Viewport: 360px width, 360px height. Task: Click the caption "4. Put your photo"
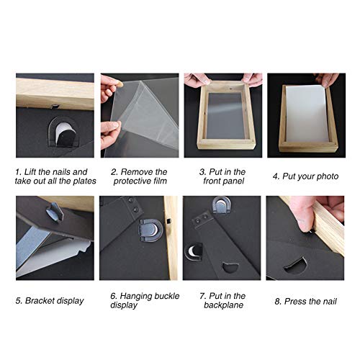click(x=305, y=176)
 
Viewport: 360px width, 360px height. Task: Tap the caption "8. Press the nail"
click(x=305, y=301)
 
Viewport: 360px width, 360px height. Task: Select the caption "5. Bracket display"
click(x=50, y=301)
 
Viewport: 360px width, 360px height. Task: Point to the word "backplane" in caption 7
click(x=223, y=305)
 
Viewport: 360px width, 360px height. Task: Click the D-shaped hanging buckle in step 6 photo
click(x=150, y=230)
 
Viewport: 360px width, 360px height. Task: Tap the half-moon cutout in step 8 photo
click(x=295, y=266)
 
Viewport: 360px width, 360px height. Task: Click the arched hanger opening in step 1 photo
click(x=63, y=132)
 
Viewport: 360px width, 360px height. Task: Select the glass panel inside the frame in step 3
click(x=225, y=116)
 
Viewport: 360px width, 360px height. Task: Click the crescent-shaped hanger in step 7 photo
click(x=194, y=252)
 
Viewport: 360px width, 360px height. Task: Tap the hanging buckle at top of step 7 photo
click(x=222, y=204)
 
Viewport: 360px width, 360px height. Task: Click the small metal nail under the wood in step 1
click(x=55, y=106)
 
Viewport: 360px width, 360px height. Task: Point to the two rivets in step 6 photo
click(x=133, y=204)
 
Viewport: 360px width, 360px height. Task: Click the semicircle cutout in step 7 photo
click(x=230, y=267)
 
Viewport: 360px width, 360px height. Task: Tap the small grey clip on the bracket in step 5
click(x=55, y=211)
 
